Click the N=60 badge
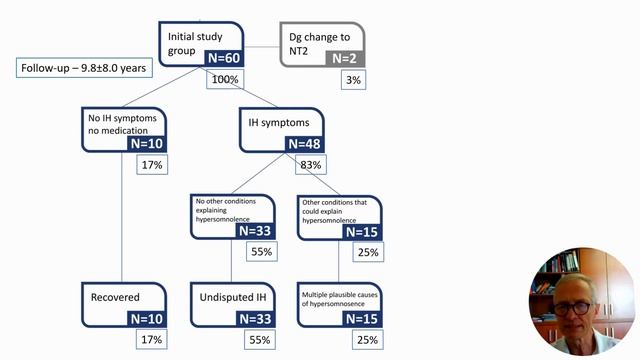coord(223,59)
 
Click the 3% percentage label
coord(351,79)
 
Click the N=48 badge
coord(306,144)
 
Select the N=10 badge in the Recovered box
coord(143,318)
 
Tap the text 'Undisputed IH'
coord(232,298)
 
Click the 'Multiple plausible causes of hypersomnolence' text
coord(342,298)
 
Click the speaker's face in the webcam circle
coord(578,300)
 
